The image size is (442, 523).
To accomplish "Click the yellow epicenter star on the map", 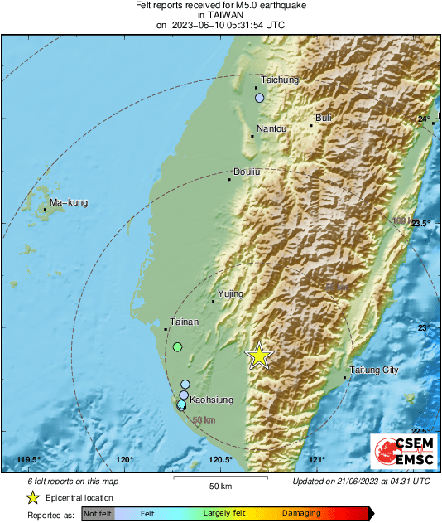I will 259,355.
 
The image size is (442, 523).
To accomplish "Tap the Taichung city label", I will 279,80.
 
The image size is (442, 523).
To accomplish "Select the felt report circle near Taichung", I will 260,98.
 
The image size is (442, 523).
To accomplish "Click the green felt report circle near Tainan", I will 177,347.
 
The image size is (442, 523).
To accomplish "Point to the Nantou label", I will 271,128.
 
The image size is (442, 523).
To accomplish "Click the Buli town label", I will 324,118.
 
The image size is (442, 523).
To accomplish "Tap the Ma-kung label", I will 68,202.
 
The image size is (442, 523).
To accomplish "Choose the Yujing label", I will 231,293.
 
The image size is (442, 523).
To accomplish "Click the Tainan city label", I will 183,321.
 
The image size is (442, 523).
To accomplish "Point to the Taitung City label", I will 374,370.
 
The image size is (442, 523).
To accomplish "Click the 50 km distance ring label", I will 204,420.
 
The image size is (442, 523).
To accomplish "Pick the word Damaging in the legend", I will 301,514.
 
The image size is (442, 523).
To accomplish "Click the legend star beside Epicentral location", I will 32,497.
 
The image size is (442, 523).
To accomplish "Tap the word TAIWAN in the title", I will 220,14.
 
